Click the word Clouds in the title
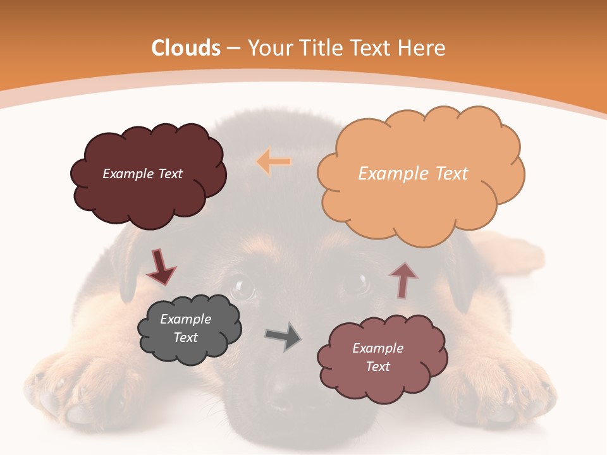pyautogui.click(x=186, y=48)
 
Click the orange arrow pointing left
pyautogui.click(x=274, y=162)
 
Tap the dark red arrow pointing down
pyautogui.click(x=161, y=267)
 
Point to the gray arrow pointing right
pyautogui.click(x=283, y=337)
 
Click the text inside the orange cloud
pyautogui.click(x=413, y=173)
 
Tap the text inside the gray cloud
pyautogui.click(x=185, y=328)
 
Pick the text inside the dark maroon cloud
pyautogui.click(x=142, y=173)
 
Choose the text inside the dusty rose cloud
pyautogui.click(x=377, y=357)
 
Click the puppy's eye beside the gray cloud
pyautogui.click(x=242, y=288)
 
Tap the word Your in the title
pyautogui.click(x=269, y=48)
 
